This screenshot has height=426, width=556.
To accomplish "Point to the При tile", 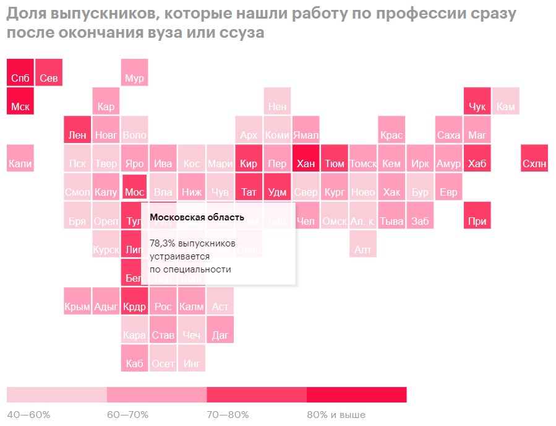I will pos(477,215).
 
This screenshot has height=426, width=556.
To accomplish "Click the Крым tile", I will pos(77,300).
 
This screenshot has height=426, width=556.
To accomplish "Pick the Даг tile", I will pos(220,329).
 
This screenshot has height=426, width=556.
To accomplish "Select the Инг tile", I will pos(192,357).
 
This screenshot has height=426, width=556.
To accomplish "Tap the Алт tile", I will pos(362,243).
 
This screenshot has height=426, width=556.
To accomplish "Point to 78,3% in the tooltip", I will pos(163,243).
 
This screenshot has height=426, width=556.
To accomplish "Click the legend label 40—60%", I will pos(28,414).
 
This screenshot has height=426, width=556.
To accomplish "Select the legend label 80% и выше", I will pos(336,414).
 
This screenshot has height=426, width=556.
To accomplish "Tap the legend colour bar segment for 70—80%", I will pos(257,394).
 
